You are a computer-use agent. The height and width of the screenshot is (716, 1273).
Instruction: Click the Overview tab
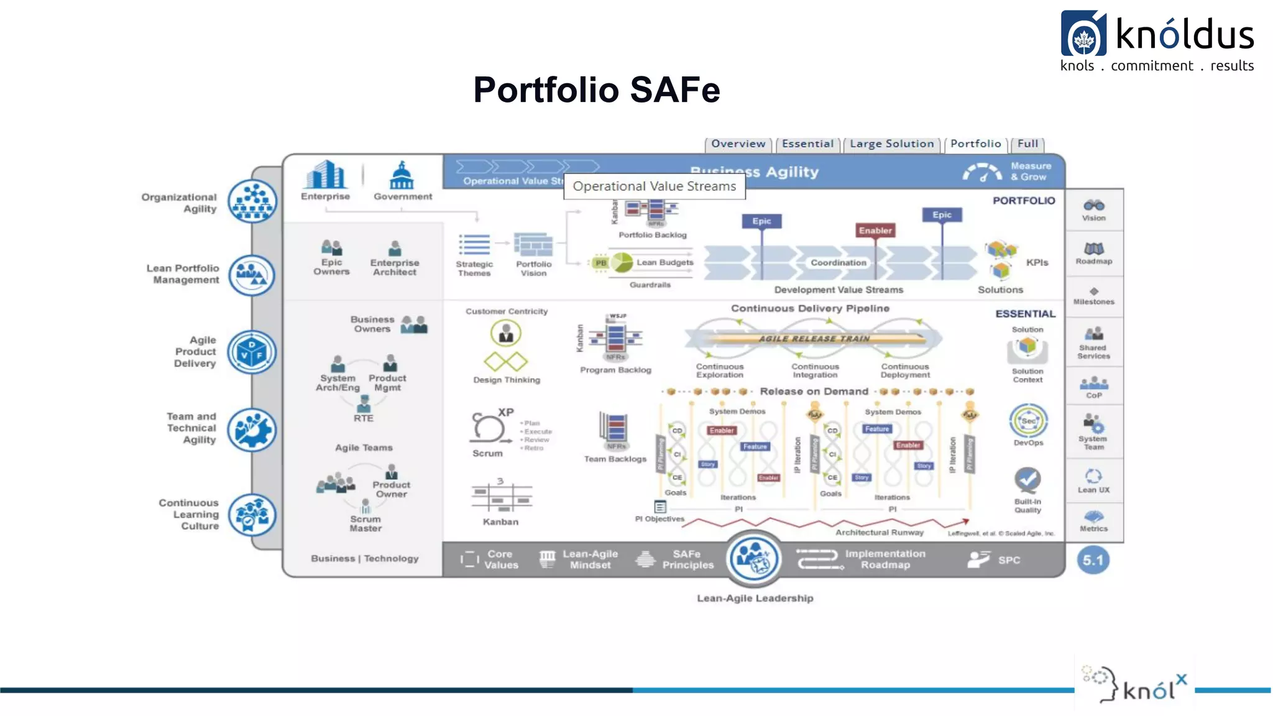(x=738, y=144)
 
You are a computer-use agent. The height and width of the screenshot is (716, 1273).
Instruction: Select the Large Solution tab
(x=891, y=144)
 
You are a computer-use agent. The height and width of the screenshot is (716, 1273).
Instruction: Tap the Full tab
(x=1027, y=144)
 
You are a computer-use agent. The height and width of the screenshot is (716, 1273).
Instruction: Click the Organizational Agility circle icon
(x=252, y=201)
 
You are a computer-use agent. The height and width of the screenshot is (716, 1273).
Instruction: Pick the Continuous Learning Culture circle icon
(x=252, y=515)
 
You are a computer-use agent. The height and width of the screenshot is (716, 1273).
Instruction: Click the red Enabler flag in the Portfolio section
(x=875, y=231)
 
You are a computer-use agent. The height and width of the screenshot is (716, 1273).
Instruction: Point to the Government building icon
(x=402, y=176)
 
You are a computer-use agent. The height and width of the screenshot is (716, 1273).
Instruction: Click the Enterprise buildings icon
(x=324, y=175)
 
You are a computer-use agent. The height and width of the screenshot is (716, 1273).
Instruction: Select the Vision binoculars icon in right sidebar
(x=1093, y=206)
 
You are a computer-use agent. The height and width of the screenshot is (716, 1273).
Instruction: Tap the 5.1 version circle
(x=1093, y=560)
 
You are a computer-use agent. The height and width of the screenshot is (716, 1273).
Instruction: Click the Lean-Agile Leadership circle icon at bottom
(x=754, y=559)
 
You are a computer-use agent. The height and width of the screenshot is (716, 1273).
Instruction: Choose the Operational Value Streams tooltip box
(x=654, y=186)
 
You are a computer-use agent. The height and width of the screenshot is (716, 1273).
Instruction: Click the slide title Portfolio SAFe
(x=596, y=89)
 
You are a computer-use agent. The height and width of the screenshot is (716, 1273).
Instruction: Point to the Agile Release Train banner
(x=814, y=339)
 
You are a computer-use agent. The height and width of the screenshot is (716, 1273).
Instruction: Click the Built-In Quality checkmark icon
(x=1027, y=480)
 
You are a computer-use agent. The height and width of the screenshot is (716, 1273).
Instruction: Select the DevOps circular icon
(x=1028, y=421)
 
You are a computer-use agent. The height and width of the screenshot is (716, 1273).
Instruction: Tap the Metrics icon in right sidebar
(x=1093, y=516)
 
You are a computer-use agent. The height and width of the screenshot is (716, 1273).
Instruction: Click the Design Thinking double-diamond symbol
(x=506, y=361)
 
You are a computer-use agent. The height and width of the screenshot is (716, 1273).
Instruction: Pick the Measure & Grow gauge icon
(x=982, y=172)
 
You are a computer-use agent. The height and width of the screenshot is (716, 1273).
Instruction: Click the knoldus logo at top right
(x=1157, y=41)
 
